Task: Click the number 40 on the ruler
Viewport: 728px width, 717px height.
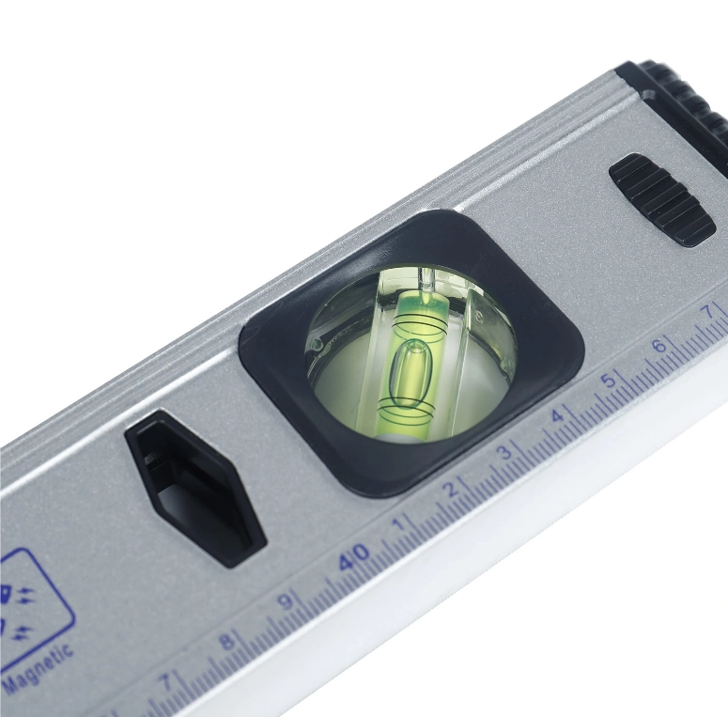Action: click(x=354, y=556)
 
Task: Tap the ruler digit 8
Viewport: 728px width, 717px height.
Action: click(x=226, y=641)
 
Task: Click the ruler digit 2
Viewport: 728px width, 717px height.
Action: click(x=450, y=490)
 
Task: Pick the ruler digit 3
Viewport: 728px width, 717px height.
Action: click(x=503, y=452)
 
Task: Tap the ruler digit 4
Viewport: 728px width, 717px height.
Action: click(x=557, y=415)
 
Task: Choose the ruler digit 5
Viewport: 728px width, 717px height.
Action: click(x=608, y=381)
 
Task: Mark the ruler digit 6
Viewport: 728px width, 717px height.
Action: click(x=658, y=346)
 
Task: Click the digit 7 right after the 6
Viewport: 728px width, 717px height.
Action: click(x=708, y=311)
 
